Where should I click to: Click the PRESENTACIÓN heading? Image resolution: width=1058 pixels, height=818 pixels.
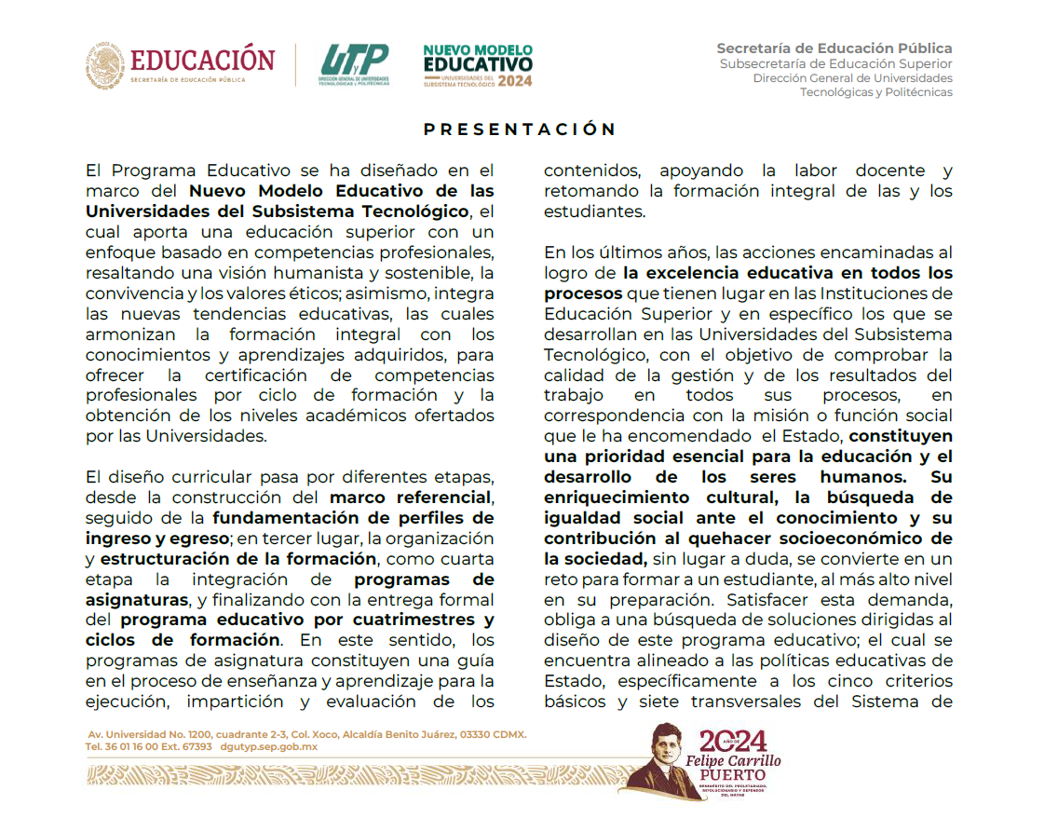click(x=520, y=130)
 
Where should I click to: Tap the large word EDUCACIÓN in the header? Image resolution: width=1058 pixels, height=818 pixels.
click(x=203, y=60)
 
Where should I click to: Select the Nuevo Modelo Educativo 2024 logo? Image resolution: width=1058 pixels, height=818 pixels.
click(x=478, y=65)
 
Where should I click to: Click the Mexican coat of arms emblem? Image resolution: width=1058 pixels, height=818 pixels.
click(x=104, y=65)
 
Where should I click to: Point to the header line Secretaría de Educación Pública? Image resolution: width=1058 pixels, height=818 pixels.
click(x=834, y=48)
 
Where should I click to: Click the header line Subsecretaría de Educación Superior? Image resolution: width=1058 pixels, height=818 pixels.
click(x=835, y=63)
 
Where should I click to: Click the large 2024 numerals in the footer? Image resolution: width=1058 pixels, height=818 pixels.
click(x=733, y=741)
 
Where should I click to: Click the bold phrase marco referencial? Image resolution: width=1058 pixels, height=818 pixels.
click(x=411, y=497)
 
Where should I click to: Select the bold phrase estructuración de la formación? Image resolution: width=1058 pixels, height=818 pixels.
click(x=237, y=559)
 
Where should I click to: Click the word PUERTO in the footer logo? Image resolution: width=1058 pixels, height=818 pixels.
click(x=733, y=774)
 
